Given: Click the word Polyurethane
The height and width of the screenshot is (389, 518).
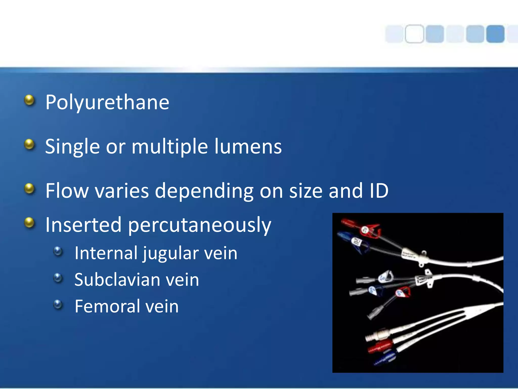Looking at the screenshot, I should click(107, 102).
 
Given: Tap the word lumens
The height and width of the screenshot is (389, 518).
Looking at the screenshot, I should click(248, 147).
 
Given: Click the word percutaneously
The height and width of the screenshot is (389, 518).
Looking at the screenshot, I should click(200, 225).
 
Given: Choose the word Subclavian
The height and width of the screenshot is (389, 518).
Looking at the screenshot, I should click(117, 280).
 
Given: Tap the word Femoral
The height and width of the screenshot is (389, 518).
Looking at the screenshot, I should click(107, 306).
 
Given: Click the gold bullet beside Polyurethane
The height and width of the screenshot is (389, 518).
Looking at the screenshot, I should click(30, 100).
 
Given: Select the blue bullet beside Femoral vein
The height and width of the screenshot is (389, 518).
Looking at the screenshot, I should click(58, 304).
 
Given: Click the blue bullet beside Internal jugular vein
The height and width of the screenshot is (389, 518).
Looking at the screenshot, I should click(58, 251).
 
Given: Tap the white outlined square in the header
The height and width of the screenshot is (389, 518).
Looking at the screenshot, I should click(414, 34).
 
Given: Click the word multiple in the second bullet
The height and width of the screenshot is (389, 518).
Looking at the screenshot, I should click(170, 147).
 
